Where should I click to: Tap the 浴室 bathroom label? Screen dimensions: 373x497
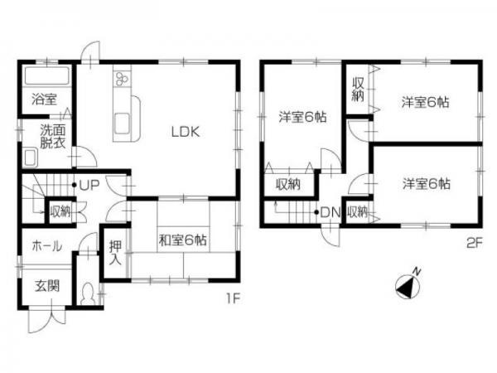(x=44, y=99)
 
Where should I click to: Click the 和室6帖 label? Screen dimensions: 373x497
(x=183, y=240)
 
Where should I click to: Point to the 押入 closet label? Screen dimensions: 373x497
(x=115, y=253)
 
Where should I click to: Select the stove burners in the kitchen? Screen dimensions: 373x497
(x=123, y=80)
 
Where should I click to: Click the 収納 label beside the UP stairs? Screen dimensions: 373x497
(x=60, y=211)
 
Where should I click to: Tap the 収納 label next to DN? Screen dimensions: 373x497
(x=357, y=212)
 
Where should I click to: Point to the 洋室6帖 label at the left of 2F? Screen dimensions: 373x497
(x=302, y=118)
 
